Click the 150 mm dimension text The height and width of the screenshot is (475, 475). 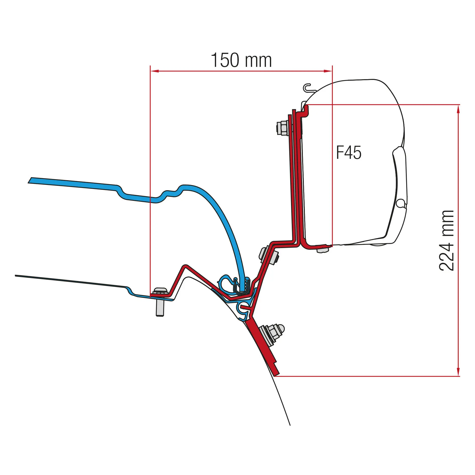click(x=241, y=60)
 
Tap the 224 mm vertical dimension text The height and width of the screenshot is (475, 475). click(x=447, y=241)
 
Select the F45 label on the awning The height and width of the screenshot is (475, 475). click(x=349, y=153)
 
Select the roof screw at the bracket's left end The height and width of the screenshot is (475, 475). click(x=160, y=302)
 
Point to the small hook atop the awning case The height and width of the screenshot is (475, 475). click(x=308, y=88)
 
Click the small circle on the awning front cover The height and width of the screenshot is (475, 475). click(x=401, y=203)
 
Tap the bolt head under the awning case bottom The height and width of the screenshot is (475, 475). click(x=322, y=249)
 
